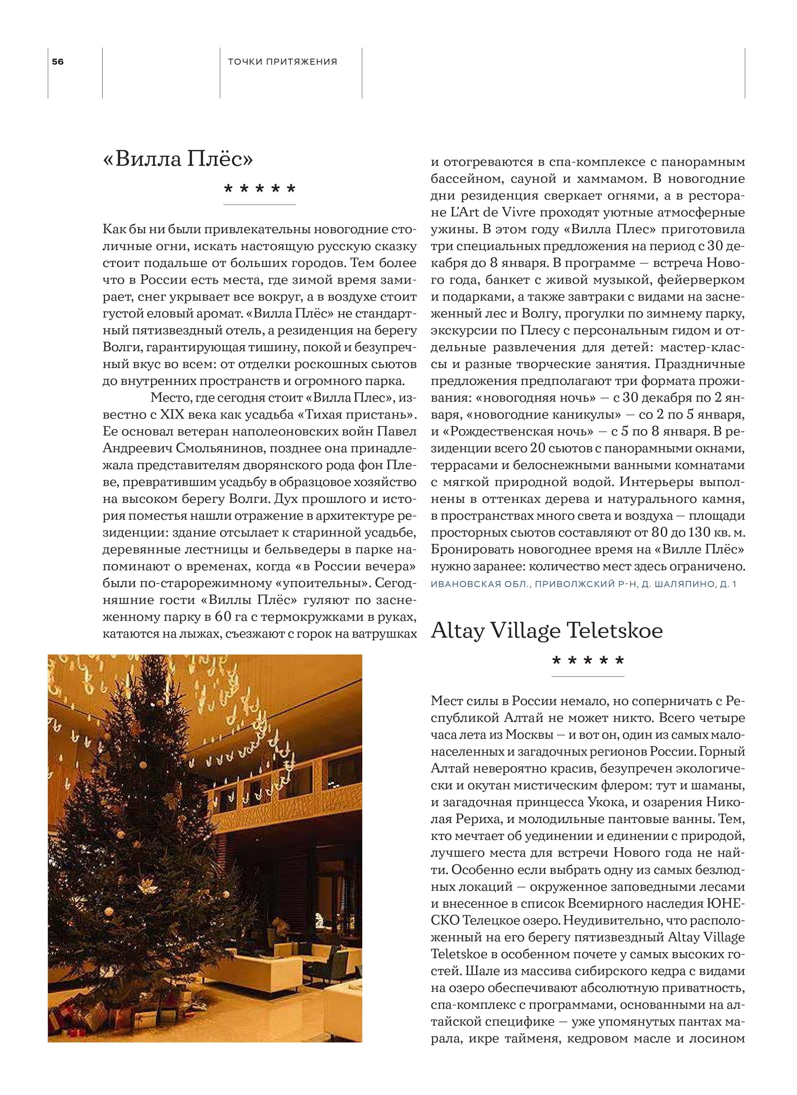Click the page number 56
point(57,62)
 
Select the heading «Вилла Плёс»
point(178,158)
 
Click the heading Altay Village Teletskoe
point(546,630)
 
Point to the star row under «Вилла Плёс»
point(259,189)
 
